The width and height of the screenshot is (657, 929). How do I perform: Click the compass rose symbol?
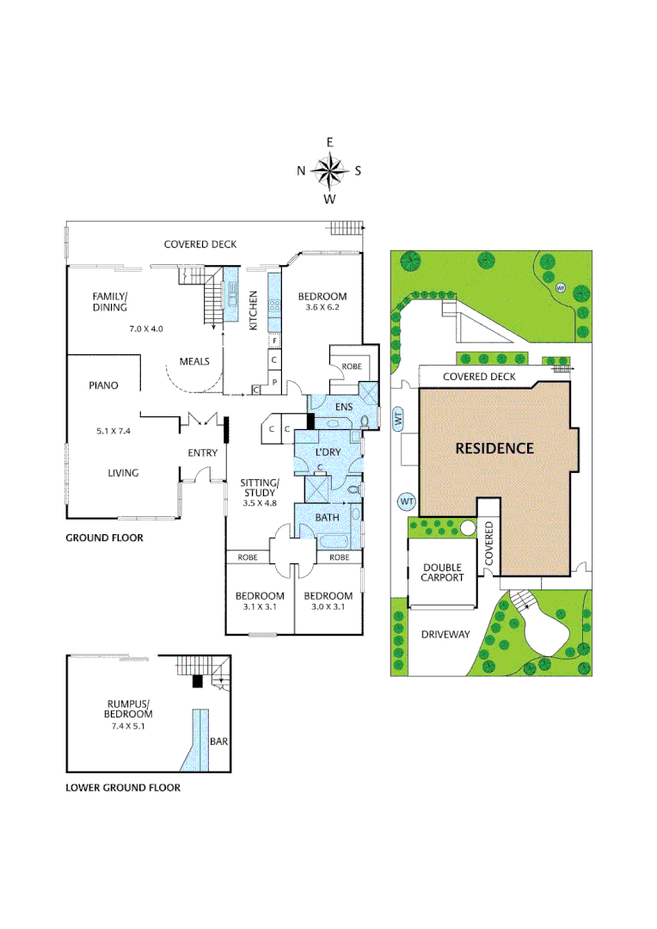tap(328, 170)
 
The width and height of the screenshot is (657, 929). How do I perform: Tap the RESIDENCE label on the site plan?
tap(494, 448)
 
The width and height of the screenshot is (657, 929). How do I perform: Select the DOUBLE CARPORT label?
tap(442, 573)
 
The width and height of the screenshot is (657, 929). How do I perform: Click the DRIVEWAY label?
tap(446, 635)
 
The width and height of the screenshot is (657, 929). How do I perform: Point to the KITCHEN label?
tap(253, 311)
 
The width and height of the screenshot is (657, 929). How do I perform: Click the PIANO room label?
tap(102, 385)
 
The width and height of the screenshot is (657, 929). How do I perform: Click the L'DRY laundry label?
tap(328, 452)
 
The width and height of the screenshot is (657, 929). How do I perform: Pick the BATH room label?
tap(328, 517)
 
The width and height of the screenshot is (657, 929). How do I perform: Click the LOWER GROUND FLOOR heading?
tap(123, 787)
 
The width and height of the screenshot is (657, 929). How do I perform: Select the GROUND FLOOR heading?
tap(104, 538)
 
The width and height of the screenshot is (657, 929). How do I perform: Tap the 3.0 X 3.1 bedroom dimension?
tap(328, 607)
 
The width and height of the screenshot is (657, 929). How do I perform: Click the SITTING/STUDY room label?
tap(259, 488)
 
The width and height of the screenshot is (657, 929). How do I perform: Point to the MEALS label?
tap(194, 361)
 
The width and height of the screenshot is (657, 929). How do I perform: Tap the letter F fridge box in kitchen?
tap(273, 341)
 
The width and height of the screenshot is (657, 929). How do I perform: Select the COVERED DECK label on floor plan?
tap(200, 244)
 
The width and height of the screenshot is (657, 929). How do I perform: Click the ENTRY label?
tap(203, 453)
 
